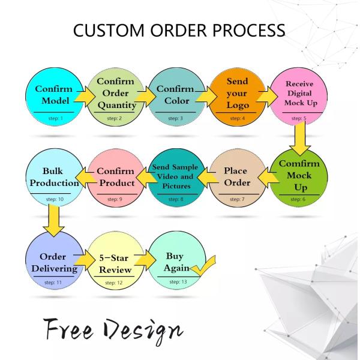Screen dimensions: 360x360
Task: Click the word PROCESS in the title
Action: [x=244, y=30]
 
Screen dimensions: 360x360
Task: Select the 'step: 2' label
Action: [x=114, y=118]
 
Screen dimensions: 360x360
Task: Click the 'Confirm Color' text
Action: [x=175, y=94]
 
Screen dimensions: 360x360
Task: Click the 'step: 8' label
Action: [x=173, y=198]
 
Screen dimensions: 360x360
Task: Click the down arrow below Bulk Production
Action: [x=55, y=219]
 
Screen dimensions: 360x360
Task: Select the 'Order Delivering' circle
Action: [x=54, y=262]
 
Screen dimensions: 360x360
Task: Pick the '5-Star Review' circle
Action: [x=115, y=263]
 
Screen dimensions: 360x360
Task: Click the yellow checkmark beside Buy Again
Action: [x=203, y=265]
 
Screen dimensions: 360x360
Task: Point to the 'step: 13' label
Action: [x=175, y=281]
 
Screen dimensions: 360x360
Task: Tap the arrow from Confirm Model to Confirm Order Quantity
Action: [x=86, y=97]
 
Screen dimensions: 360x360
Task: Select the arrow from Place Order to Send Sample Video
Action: [x=204, y=175]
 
